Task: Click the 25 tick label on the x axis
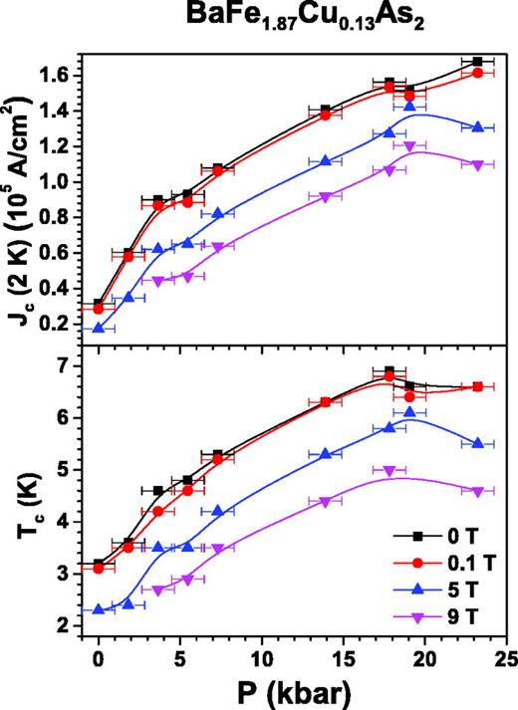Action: [x=506, y=658]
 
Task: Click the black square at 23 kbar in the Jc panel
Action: [x=478, y=62]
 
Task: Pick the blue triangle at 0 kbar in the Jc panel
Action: [x=99, y=327]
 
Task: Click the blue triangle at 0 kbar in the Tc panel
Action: [x=99, y=608]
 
